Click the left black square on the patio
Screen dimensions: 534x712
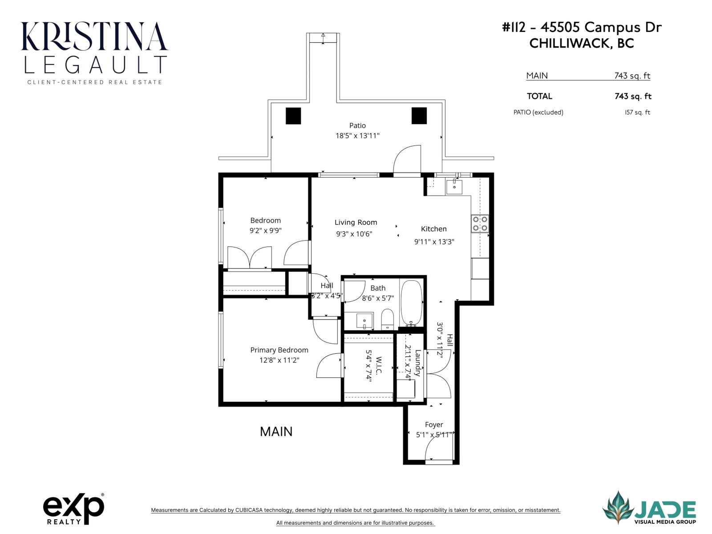pyautogui.click(x=293, y=116)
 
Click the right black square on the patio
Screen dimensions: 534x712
pyautogui.click(x=419, y=116)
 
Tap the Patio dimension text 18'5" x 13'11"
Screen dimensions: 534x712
pyautogui.click(x=357, y=136)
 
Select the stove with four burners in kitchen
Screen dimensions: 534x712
pyautogui.click(x=480, y=223)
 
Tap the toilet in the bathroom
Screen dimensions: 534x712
pyautogui.click(x=388, y=319)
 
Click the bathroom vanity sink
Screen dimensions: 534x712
pyautogui.click(x=364, y=320)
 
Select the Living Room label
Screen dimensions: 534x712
pyautogui.click(x=356, y=222)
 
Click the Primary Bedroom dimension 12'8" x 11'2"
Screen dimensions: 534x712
pyautogui.click(x=279, y=360)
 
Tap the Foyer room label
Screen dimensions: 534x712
pyautogui.click(x=433, y=425)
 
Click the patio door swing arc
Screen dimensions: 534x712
pyautogui.click(x=406, y=159)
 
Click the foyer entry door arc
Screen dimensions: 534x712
pyautogui.click(x=438, y=446)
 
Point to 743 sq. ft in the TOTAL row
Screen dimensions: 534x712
pyautogui.click(x=632, y=96)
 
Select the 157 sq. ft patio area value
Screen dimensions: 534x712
pyautogui.click(x=637, y=112)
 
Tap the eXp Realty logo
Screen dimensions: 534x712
pyautogui.click(x=73, y=509)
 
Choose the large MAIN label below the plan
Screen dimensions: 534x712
pyautogui.click(x=276, y=431)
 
